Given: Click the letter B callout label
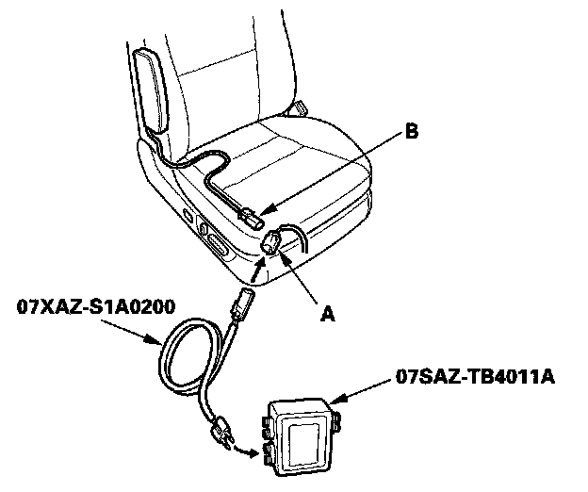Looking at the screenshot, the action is [411, 133].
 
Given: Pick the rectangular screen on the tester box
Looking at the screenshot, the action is [303, 440].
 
